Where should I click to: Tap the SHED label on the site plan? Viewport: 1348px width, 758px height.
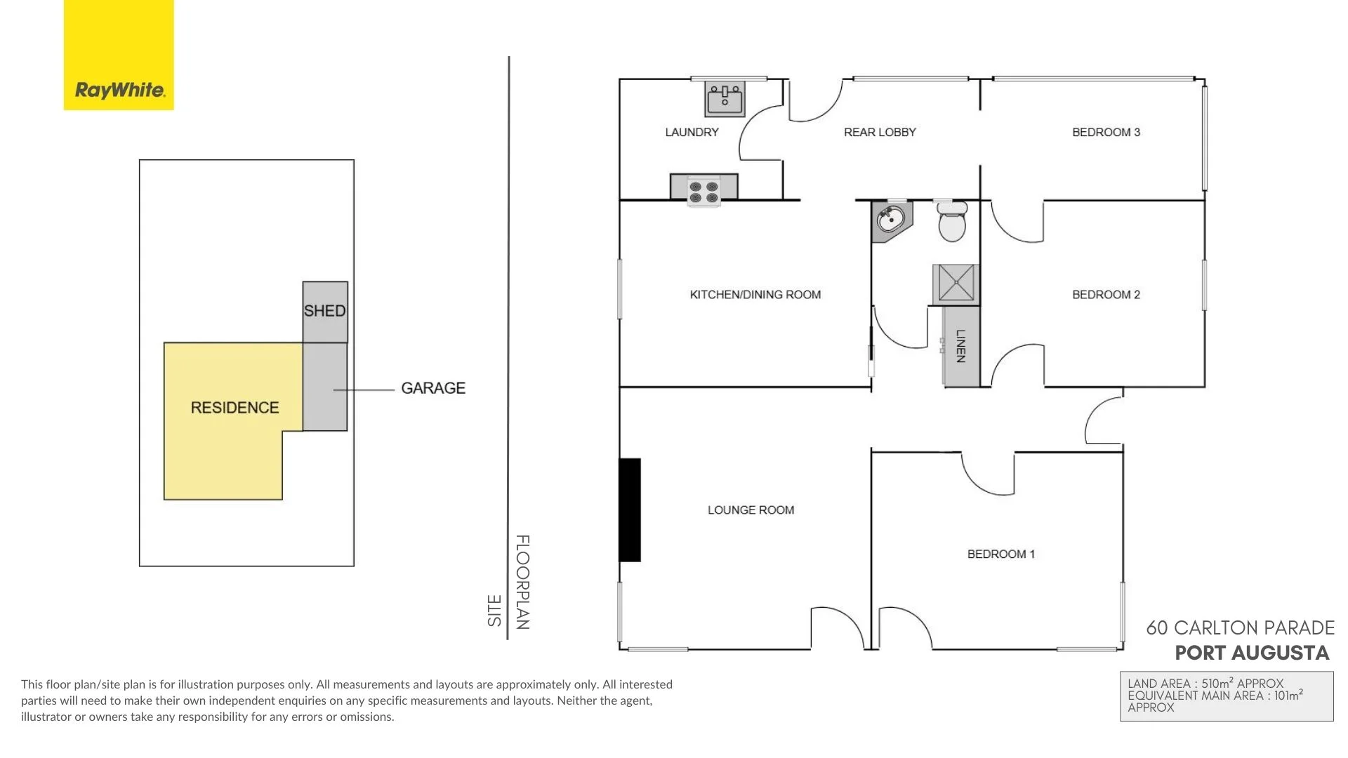(324, 310)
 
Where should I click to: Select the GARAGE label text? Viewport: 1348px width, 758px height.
(432, 388)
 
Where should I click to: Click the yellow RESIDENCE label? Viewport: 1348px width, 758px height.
(234, 408)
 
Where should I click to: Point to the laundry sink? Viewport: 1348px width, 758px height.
(725, 99)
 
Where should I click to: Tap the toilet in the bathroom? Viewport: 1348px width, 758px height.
(952, 221)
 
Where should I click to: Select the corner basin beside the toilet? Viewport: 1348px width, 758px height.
(890, 220)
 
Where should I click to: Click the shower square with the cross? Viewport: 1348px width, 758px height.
(956, 284)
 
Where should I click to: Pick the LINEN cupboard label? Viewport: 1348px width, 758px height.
(961, 346)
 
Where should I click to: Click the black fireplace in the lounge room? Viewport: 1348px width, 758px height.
(630, 510)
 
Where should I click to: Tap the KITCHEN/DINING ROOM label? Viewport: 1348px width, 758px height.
(755, 295)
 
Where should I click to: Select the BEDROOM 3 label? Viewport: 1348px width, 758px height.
(1106, 132)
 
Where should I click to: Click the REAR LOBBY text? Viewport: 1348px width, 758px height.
(880, 132)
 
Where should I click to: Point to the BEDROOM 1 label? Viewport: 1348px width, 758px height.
(1000, 554)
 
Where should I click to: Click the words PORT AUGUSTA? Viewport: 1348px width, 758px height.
(1252, 653)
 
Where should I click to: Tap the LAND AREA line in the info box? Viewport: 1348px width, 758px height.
(1205, 684)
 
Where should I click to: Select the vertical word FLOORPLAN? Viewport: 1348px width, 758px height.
(522, 581)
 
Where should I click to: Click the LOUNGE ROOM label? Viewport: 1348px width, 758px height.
(751, 510)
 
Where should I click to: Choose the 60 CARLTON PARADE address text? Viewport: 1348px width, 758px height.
(1240, 627)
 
